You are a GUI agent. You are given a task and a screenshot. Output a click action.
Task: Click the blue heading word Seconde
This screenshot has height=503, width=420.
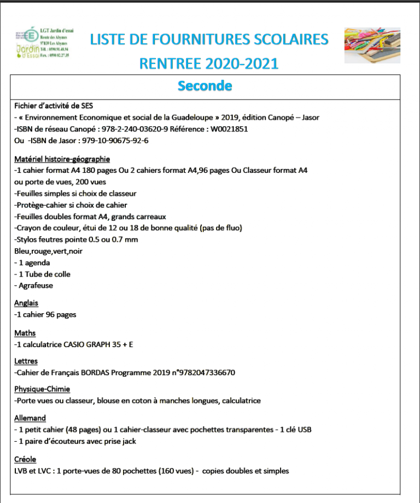point(205,86)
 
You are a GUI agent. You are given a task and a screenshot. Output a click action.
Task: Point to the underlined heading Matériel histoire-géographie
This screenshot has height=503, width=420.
point(62,159)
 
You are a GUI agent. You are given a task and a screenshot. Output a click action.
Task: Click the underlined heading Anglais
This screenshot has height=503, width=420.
point(26,303)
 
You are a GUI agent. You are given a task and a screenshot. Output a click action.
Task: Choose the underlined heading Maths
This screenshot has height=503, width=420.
point(25,333)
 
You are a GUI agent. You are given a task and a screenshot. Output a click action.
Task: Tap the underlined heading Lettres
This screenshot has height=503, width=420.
point(26,361)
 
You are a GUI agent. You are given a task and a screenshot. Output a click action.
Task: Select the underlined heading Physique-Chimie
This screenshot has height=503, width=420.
point(42,389)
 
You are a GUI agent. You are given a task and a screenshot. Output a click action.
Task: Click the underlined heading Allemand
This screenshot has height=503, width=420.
point(30,418)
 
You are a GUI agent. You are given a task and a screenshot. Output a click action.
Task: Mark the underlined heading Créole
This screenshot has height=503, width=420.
point(25,459)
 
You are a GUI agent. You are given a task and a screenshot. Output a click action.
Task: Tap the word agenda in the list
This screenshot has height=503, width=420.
point(37,262)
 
